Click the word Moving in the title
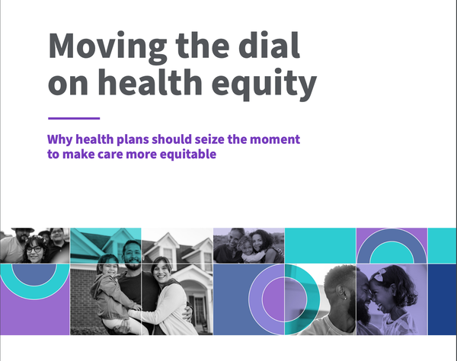(107, 47)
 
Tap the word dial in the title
(269, 45)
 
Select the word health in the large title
(150, 81)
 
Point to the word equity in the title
(264, 85)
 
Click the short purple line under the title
(74, 118)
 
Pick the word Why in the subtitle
(60, 139)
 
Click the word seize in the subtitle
(210, 139)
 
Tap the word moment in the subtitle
(275, 139)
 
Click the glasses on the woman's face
(34, 249)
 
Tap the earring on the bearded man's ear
(345, 298)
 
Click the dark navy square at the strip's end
(442, 299)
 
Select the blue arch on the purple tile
(391, 242)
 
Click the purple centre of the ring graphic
(273, 299)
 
